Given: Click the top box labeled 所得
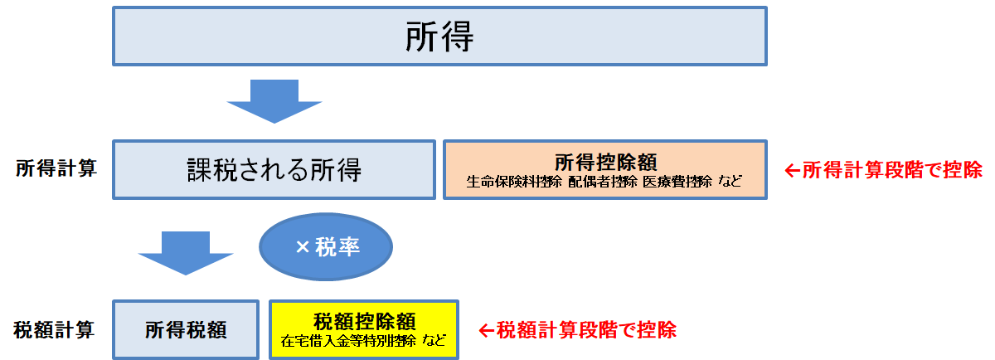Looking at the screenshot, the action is coord(439,36).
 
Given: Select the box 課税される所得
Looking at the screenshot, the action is coord(274,170).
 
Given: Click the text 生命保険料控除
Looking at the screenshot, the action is coord(515,182).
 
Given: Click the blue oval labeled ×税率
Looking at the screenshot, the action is coord(326,246).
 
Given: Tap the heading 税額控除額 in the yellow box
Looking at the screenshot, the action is coord(364,320).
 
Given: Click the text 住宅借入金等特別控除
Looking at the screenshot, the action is coord(347,340).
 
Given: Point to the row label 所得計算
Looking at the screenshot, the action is coord(56,169).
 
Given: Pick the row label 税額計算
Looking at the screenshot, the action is coord(55,329).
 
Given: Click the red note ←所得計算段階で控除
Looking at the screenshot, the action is coord(883,170).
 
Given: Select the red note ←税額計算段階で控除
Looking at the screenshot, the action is coord(578,329).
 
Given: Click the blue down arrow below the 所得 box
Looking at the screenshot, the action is coord(274,100).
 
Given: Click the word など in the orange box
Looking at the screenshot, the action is coord(731,182).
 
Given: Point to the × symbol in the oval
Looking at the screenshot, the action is coord(303,247).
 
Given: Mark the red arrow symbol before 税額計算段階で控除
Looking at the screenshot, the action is coord(487,330).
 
